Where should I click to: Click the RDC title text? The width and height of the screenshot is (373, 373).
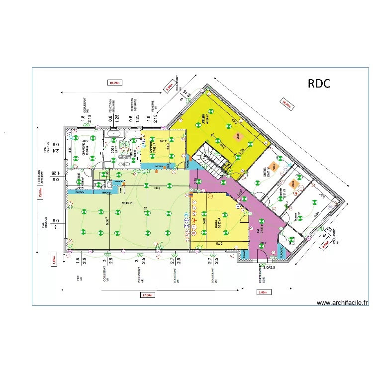pyautogui.click(x=319, y=83)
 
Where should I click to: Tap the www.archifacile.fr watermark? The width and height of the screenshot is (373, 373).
pyautogui.click(x=342, y=302)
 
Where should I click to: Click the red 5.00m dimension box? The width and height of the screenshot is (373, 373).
pyautogui.click(x=262, y=293)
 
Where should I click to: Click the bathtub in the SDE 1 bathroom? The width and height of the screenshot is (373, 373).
pyautogui.click(x=113, y=134)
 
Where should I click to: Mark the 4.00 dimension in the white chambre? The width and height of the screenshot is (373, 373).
pyautogui.click(x=70, y=149)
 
